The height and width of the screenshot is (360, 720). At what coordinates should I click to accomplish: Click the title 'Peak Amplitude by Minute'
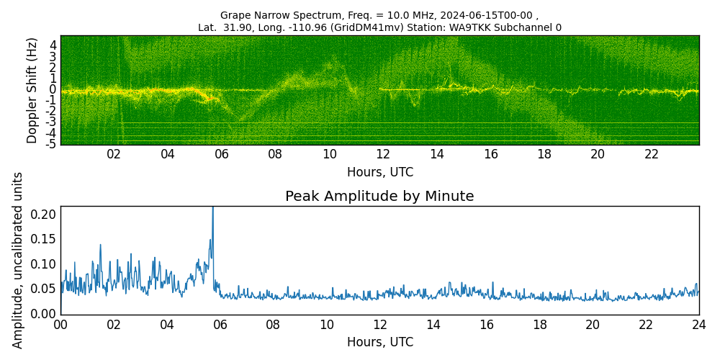(379, 197)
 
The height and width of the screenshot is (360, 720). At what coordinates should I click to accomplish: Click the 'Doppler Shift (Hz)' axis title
(32, 90)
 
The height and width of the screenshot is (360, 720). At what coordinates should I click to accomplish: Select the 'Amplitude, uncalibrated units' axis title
(18, 260)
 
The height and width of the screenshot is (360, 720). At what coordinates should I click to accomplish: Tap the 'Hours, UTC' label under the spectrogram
(379, 173)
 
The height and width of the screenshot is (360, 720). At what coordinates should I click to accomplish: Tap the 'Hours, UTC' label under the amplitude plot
(379, 343)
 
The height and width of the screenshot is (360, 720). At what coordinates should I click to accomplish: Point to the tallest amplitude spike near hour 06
(212, 209)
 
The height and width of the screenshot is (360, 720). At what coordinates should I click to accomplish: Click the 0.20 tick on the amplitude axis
(45, 214)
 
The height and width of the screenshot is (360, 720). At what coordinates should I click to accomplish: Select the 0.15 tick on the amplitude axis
(45, 239)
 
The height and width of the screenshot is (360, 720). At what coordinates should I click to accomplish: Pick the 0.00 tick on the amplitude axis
(45, 314)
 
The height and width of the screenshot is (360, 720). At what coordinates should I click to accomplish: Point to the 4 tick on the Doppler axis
(53, 45)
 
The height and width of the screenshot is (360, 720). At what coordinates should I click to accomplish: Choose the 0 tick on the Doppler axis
(53, 89)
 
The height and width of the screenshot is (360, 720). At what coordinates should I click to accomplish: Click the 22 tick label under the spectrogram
(651, 155)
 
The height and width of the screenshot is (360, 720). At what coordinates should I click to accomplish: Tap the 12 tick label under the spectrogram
(382, 155)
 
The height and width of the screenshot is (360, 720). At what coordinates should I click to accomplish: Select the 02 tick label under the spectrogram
(114, 155)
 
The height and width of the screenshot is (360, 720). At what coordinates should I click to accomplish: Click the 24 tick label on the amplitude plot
(698, 325)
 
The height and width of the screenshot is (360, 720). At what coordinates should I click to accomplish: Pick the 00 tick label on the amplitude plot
(60, 325)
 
